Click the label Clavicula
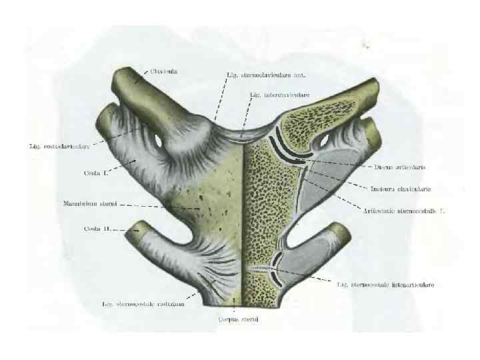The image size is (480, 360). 165,71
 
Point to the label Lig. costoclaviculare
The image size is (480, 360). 58,145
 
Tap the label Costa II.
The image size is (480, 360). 97,229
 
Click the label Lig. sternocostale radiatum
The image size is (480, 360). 143,304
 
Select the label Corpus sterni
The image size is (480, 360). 238,319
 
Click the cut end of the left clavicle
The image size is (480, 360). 125,78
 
